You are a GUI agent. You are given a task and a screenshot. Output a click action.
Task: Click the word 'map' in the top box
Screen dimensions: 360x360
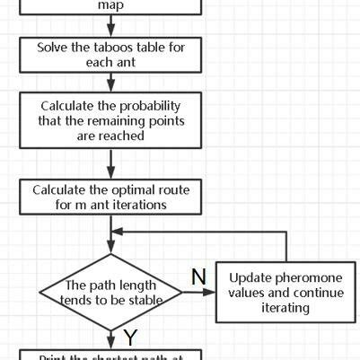click(x=111, y=5)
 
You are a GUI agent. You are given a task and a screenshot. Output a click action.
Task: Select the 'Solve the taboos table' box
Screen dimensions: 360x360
click(x=111, y=55)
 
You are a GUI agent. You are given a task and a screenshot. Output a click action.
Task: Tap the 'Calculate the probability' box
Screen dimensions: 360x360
click(x=111, y=120)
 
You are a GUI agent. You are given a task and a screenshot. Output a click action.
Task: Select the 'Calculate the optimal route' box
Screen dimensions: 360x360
click(x=111, y=197)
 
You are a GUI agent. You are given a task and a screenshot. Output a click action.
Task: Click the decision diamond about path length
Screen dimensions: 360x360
click(x=111, y=292)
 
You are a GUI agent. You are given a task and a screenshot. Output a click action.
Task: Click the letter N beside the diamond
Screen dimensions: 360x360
click(x=198, y=277)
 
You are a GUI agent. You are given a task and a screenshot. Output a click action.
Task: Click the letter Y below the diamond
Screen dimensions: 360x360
click(x=131, y=339)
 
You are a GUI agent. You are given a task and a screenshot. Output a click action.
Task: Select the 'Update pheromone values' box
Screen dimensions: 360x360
click(x=285, y=292)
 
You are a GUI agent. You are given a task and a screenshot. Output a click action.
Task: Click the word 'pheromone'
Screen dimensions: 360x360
click(x=303, y=277)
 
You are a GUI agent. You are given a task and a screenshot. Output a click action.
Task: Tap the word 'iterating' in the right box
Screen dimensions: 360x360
click(x=285, y=308)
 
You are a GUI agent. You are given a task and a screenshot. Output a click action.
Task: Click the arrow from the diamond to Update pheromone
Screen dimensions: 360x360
click(x=199, y=292)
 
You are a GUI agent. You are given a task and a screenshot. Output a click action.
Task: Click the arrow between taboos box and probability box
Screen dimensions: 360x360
click(x=111, y=83)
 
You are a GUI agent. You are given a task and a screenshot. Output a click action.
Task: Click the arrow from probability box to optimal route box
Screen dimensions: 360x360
click(x=111, y=163)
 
